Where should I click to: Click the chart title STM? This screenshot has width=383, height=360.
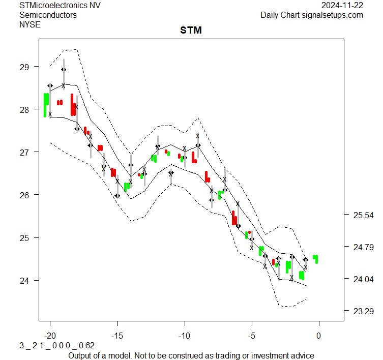pyautogui.click(x=191, y=31)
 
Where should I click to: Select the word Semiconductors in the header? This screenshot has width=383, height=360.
pyautogui.click(x=48, y=15)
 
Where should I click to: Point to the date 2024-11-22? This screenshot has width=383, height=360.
pyautogui.click(x=342, y=5)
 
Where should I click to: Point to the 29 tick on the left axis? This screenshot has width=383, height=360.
pyautogui.click(x=25, y=67)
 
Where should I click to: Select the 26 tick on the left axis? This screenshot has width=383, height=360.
pyautogui.click(x=25, y=195)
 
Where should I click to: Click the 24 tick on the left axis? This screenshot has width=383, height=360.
pyautogui.click(x=25, y=280)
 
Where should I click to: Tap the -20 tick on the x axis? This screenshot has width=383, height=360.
pyautogui.click(x=50, y=336)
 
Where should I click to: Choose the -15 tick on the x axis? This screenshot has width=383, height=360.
pyautogui.click(x=117, y=336)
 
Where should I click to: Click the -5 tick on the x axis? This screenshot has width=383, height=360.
pyautogui.click(x=251, y=336)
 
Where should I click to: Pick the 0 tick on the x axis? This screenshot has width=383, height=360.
pyautogui.click(x=319, y=336)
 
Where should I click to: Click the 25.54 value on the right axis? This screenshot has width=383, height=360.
pyautogui.click(x=363, y=216)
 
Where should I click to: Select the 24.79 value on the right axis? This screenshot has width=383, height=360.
pyautogui.click(x=363, y=248)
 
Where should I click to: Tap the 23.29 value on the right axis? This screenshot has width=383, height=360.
pyautogui.click(x=363, y=311)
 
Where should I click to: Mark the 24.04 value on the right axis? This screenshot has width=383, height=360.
pyautogui.click(x=363, y=279)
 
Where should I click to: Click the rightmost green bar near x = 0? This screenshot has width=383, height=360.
pyautogui.click(x=316, y=259)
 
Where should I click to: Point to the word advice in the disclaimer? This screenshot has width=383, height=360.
pyautogui.click(x=302, y=355)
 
